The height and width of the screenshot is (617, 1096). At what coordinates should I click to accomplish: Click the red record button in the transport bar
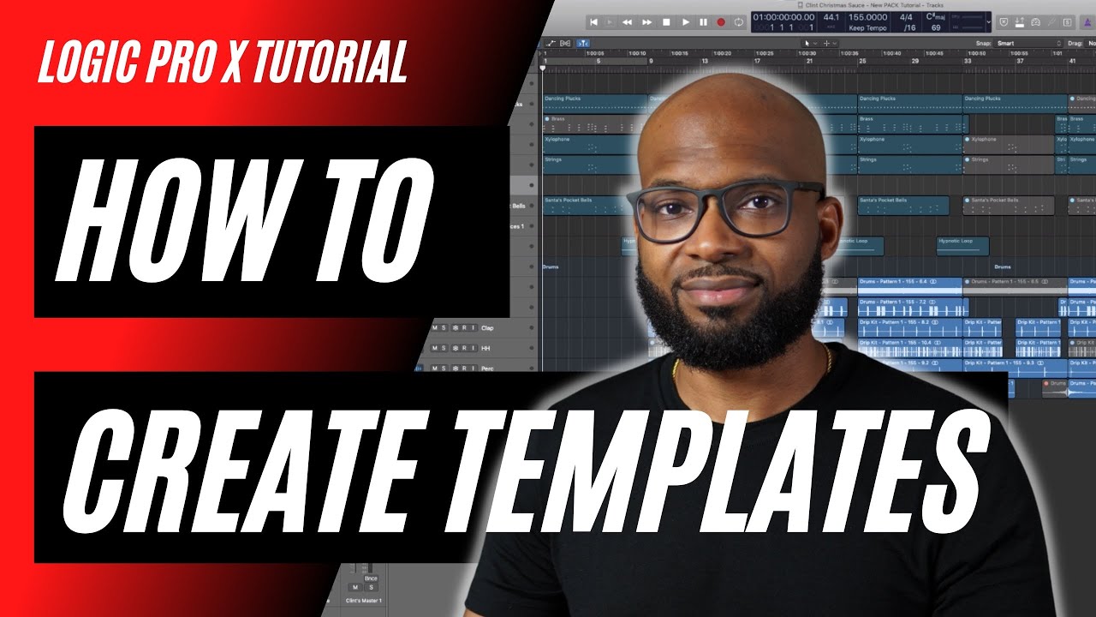coord(721,22)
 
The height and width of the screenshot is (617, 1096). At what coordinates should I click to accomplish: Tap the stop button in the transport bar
coord(666,22)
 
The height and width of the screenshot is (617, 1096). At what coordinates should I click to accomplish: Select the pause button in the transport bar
coord(703,22)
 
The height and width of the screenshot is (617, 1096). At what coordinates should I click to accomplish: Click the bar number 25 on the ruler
coord(863,62)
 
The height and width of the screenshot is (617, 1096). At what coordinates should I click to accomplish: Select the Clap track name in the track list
coord(487,327)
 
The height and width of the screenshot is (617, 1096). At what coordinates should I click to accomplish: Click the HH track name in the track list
coord(485,348)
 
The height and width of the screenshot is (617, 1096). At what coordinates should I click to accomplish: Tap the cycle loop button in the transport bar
coord(739,22)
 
